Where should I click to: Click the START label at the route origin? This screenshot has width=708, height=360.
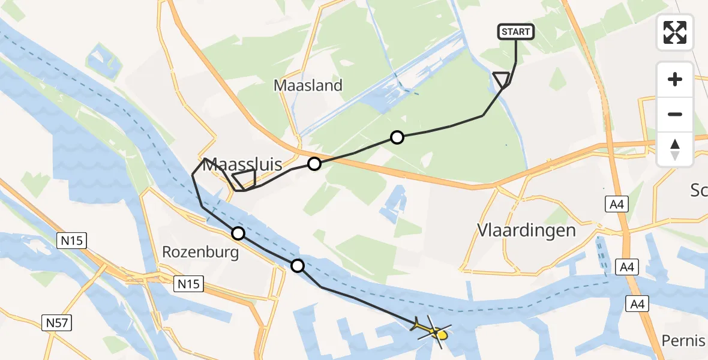(x=516, y=32)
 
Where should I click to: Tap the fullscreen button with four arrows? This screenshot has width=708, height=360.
(x=675, y=32)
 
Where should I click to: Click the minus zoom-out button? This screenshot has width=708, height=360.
(x=675, y=114)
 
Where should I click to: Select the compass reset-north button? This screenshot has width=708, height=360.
(x=675, y=149)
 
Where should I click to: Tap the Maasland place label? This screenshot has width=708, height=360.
(x=308, y=85)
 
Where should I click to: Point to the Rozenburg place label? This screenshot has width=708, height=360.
(x=200, y=252)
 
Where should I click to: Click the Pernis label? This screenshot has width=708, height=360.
(x=683, y=341)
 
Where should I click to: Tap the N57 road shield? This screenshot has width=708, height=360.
(x=57, y=323)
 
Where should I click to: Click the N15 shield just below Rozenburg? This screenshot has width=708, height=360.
(x=190, y=284)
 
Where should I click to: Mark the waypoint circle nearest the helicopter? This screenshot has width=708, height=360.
(x=298, y=265)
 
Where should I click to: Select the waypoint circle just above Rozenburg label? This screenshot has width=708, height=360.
(x=238, y=233)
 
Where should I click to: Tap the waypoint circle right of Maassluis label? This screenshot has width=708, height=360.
(x=314, y=164)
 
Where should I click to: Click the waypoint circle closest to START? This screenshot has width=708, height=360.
(x=397, y=137)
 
